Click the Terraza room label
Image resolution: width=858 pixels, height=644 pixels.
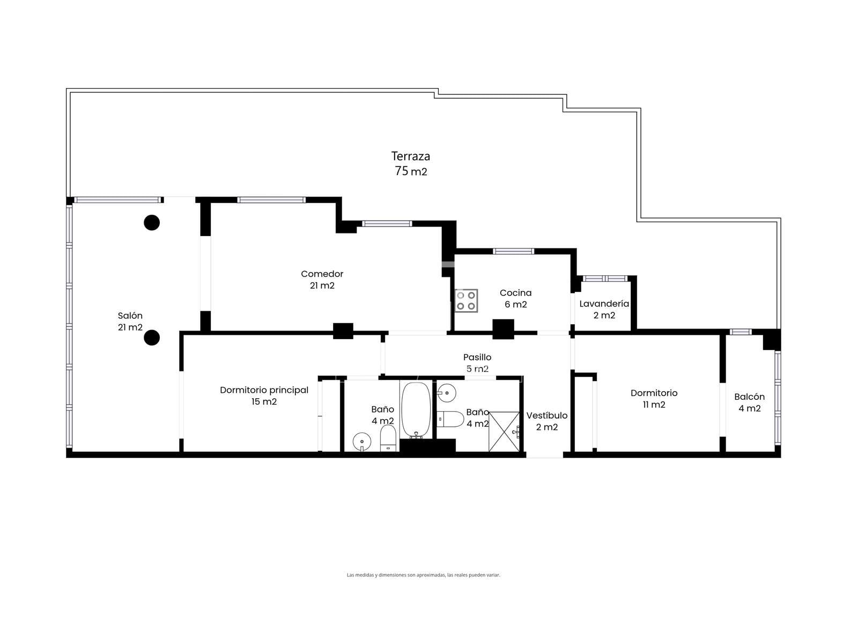coord(410,156)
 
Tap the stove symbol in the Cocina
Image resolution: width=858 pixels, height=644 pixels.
coord(466,301)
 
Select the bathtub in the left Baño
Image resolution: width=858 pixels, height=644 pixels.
coord(416,410)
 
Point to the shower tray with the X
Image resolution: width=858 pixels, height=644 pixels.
coord(504,431)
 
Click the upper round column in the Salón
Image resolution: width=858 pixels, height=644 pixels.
coord(152,223)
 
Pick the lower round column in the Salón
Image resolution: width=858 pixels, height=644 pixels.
coord(152,338)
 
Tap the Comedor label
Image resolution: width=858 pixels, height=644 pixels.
coord(322,274)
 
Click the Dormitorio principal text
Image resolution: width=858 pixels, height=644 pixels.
coord(264,390)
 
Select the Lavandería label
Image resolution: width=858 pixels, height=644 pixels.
coord(604,303)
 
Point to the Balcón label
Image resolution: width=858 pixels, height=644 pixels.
coord(749,397)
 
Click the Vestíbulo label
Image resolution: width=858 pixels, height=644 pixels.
coord(546,415)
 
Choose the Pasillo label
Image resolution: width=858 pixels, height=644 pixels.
coord(477,357)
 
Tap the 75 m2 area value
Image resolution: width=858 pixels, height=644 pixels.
coord(411,171)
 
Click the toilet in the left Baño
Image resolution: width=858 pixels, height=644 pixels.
coord(388,437)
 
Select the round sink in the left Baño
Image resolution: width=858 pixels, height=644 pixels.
coord(362,442)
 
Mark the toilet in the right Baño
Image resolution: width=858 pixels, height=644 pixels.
coord(450,419)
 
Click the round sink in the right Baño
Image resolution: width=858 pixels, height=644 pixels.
coord(446,393)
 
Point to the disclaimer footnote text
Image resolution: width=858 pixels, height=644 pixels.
coord(423,575)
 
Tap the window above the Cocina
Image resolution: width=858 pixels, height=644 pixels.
coord(513,251)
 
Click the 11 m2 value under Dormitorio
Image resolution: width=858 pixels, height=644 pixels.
coord(654,405)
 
